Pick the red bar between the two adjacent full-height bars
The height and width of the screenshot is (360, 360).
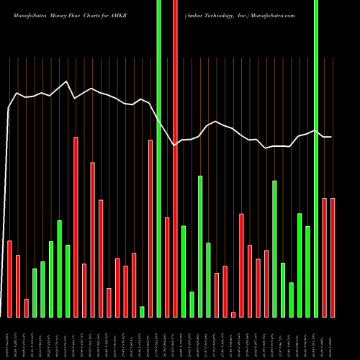[x=167, y=267]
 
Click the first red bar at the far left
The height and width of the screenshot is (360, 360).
[x=10, y=279]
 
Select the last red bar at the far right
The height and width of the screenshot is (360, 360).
[x=333, y=257]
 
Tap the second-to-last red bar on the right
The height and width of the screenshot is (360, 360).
[x=324, y=257]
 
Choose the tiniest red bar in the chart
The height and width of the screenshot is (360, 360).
[x=233, y=314]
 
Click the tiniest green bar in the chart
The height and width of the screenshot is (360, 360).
[x=142, y=311]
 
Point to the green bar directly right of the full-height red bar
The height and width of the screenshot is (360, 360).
[x=184, y=271]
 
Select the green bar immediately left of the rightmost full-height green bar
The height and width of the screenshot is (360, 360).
[x=307, y=271]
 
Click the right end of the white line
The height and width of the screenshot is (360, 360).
[x=331, y=137]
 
